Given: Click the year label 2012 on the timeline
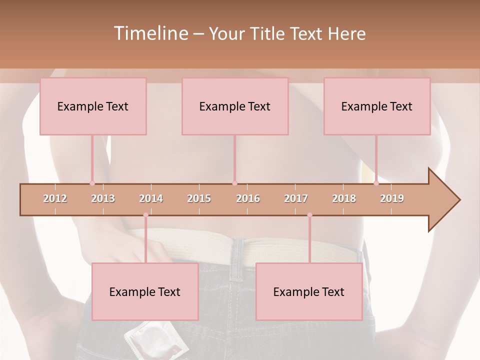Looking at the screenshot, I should pos(55,198).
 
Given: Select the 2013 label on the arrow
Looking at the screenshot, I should pos(103,198).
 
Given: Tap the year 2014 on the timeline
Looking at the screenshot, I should pos(151,198).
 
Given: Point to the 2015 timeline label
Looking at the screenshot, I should pos(199,198).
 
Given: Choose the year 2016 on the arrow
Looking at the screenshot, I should pos(248,198).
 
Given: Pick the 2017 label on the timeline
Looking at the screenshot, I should pos(296,198).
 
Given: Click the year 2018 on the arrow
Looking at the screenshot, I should pos(344,198).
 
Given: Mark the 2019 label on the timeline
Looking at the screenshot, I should pos(392,198).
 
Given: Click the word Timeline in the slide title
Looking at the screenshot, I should pos(150,33).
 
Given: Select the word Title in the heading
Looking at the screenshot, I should pos(269,33).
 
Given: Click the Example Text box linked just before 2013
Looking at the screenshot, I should pos(93,106).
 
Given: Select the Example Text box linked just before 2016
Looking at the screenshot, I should pos(235,106).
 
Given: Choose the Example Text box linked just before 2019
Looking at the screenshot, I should pos(377,106).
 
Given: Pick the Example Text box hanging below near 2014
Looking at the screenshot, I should pos(145,291).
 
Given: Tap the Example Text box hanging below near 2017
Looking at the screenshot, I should pos(309,291).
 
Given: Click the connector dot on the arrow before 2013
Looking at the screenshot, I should pos(92,183).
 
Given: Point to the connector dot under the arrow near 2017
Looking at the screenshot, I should pos(309,215).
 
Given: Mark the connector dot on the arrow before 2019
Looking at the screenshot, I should pos(376,183).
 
